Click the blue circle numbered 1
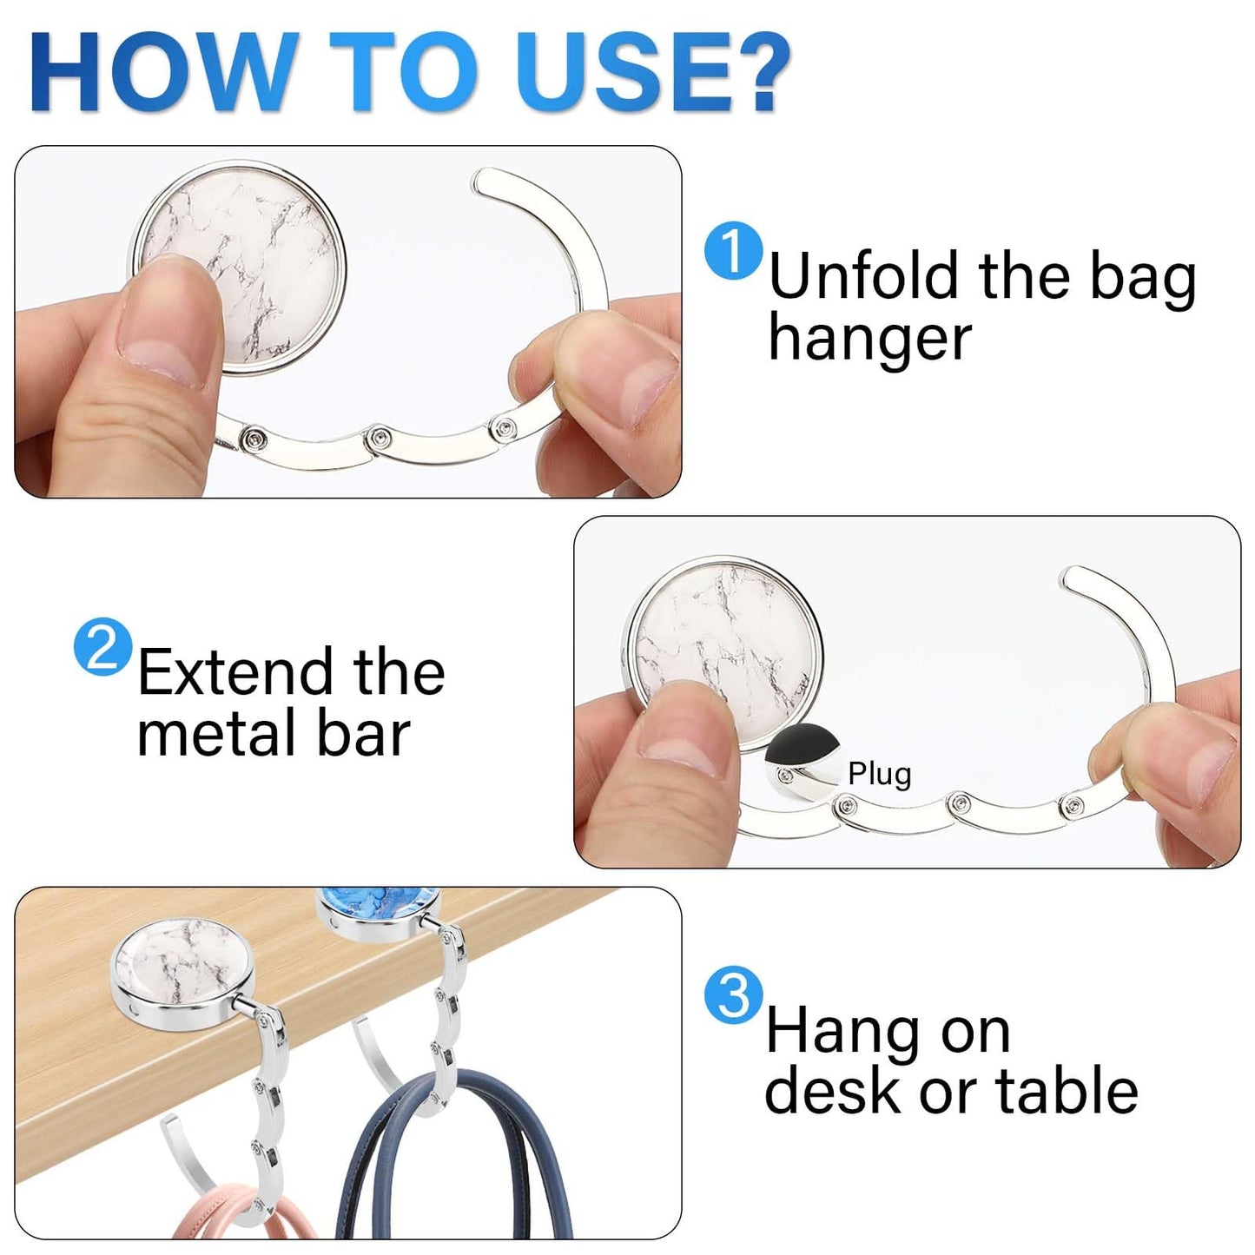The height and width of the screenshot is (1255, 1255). (x=733, y=251)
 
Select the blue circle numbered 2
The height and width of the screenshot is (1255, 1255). (x=102, y=647)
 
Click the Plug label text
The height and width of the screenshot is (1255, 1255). (x=879, y=775)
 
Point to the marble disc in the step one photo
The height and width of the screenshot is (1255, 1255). (x=240, y=267)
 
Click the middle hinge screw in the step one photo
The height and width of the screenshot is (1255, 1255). (x=377, y=435)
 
